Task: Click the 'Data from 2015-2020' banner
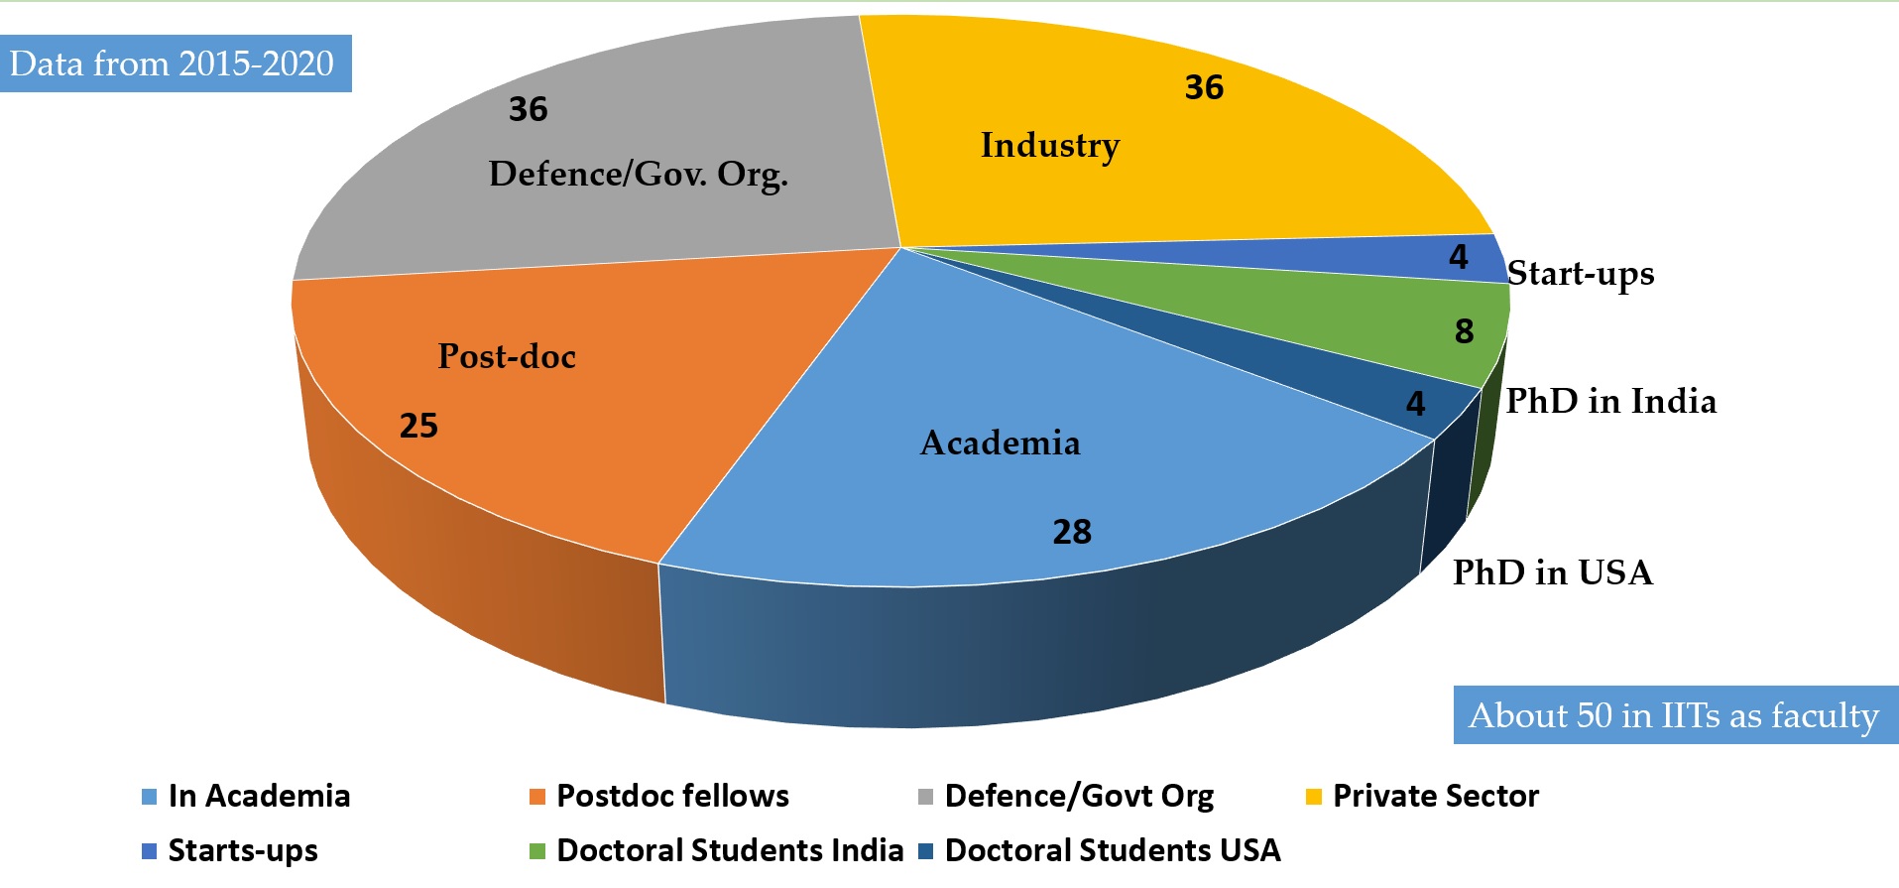coord(173,63)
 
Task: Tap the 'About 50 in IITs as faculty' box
coord(1674,715)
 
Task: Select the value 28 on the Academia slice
coord(1071,532)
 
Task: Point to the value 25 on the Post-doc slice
coord(418,426)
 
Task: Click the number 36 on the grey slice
coord(528,109)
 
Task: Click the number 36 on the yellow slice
coord(1204,87)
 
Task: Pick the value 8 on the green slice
coord(1464,331)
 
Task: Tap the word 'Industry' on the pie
coord(1049,146)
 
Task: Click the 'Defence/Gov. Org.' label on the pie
coord(638,175)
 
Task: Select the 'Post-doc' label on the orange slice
coord(507,356)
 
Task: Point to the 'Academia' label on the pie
coord(1000,443)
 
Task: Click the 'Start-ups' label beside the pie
coord(1581,274)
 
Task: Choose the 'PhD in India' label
coord(1610,401)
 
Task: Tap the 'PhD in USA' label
coord(1552,572)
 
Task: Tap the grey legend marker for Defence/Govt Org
coord(926,797)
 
